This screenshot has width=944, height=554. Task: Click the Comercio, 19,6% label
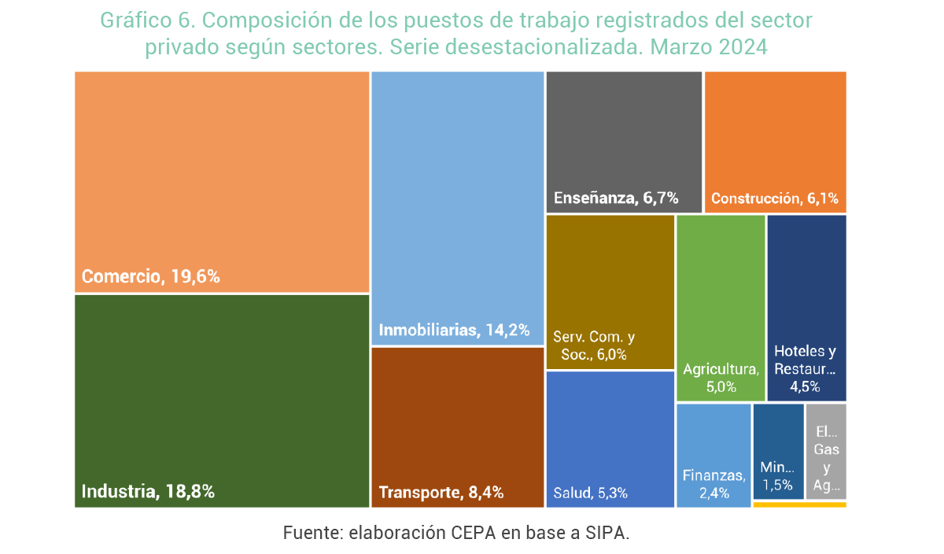pyautogui.click(x=150, y=277)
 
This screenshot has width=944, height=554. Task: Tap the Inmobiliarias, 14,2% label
pyautogui.click(x=454, y=330)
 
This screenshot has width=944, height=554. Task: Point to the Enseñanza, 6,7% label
pyautogui.click(x=615, y=198)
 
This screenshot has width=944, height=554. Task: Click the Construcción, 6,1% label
pyautogui.click(x=774, y=198)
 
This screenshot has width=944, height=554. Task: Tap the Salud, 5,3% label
pyautogui.click(x=590, y=493)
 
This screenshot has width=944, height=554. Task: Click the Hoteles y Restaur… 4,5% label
pyautogui.click(x=806, y=368)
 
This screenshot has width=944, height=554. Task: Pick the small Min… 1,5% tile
pyautogui.click(x=777, y=451)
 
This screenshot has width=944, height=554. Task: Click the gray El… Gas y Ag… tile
pyautogui.click(x=826, y=451)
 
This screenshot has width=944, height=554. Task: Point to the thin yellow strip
pyautogui.click(x=799, y=504)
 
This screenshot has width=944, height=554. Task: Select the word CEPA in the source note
pyautogui.click(x=474, y=533)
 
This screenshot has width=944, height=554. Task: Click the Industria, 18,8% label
pyautogui.click(x=148, y=492)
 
